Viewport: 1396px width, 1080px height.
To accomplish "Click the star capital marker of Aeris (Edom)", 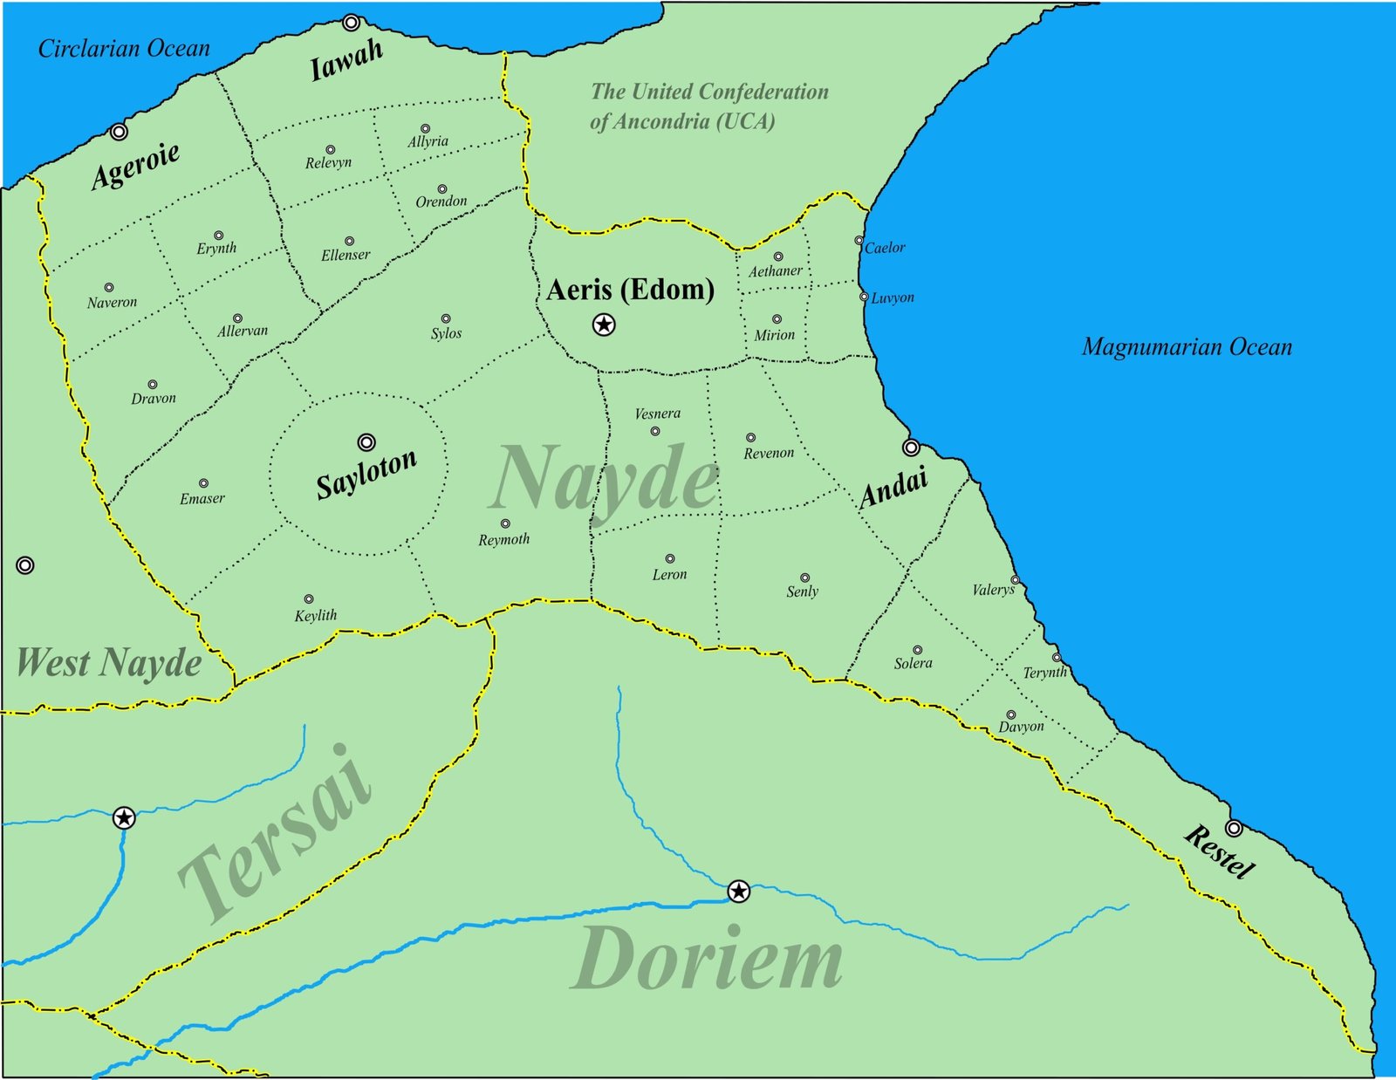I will pyautogui.click(x=604, y=325).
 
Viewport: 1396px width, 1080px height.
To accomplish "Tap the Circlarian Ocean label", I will pyautogui.click(x=124, y=49).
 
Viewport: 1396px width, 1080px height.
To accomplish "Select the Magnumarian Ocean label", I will pyautogui.click(x=1187, y=347).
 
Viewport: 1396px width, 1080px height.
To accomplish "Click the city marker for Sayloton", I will pyautogui.click(x=366, y=442).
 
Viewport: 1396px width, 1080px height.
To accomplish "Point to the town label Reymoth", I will pyautogui.click(x=503, y=540).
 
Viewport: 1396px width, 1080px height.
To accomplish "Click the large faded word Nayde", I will pyautogui.click(x=604, y=480).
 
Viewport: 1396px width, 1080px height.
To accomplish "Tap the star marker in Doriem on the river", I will pyautogui.click(x=738, y=891).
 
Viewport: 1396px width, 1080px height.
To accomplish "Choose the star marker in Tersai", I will pyautogui.click(x=124, y=817).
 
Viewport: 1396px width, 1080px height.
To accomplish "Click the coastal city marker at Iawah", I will pyautogui.click(x=351, y=23).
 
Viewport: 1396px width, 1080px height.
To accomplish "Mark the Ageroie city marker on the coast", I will pyautogui.click(x=119, y=132).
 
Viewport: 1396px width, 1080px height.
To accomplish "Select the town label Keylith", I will pyautogui.click(x=315, y=616).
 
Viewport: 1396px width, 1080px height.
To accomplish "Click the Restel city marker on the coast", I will pyautogui.click(x=1234, y=827).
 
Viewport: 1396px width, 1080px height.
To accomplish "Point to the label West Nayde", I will pyautogui.click(x=110, y=663).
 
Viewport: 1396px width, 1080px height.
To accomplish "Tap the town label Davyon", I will pyautogui.click(x=1021, y=727).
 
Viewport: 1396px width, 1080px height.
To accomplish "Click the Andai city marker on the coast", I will pyautogui.click(x=911, y=448).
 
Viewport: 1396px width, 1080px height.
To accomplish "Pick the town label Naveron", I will pyautogui.click(x=112, y=303).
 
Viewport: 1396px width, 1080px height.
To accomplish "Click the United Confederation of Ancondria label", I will pyautogui.click(x=708, y=106).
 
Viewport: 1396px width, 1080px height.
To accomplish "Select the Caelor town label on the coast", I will pyautogui.click(x=885, y=248).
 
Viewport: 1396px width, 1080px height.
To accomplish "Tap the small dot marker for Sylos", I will pyautogui.click(x=446, y=319).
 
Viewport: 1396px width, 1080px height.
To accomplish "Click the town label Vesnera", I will pyautogui.click(x=657, y=414).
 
